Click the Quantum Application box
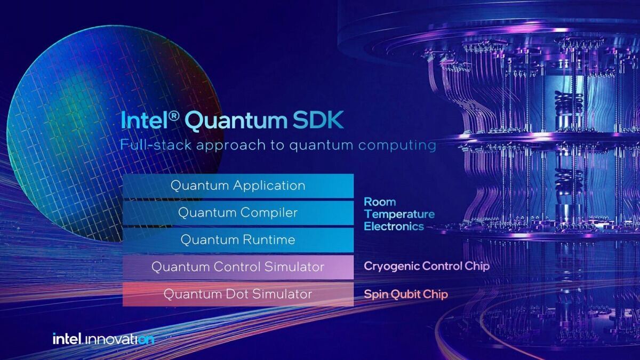[x=238, y=186]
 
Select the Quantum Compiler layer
[x=238, y=213]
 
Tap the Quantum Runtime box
[x=238, y=240]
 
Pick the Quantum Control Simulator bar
[x=238, y=267]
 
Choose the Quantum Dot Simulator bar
[x=238, y=294]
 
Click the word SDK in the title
[x=318, y=121]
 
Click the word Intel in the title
[x=145, y=121]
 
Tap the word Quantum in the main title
[x=236, y=122]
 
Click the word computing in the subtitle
[x=397, y=146]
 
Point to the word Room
[x=380, y=202]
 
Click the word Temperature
[x=399, y=214]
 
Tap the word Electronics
[x=394, y=226]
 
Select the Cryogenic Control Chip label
[x=427, y=267]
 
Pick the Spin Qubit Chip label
[x=406, y=294]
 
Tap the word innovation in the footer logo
[x=118, y=340]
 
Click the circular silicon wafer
[x=114, y=131]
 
